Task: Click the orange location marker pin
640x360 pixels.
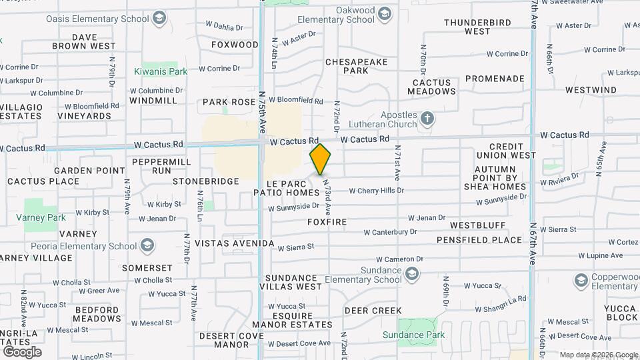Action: tap(321, 159)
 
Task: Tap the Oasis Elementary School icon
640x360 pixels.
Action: tap(159, 17)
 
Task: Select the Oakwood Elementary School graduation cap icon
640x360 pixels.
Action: tap(385, 13)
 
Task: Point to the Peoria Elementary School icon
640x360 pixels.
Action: tap(147, 246)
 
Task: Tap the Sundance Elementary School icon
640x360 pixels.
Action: tap(413, 274)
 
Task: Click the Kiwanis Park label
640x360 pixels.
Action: tap(160, 71)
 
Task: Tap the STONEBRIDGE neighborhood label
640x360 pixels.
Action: tap(206, 181)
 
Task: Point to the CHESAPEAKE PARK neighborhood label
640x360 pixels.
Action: tap(356, 66)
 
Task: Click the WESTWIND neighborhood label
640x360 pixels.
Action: tap(591, 89)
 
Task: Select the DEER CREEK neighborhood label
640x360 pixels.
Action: tap(373, 311)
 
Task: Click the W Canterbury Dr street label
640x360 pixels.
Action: tap(390, 232)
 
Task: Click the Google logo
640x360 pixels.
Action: tap(22, 351)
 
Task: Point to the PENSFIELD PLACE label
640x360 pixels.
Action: tap(479, 240)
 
